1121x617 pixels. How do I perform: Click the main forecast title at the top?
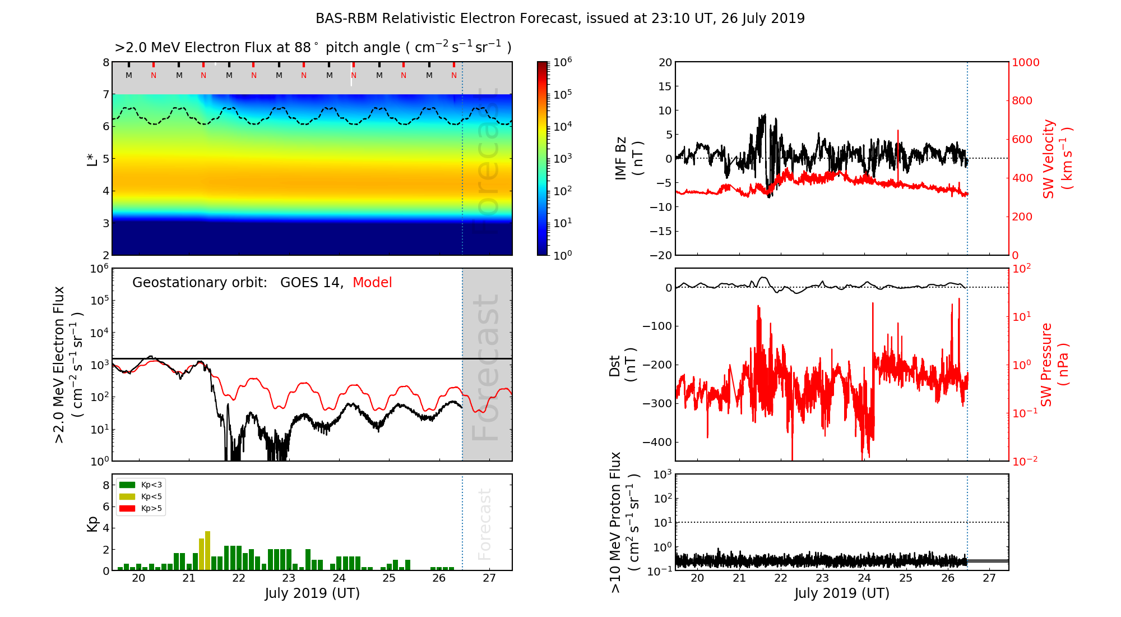pyautogui.click(x=560, y=19)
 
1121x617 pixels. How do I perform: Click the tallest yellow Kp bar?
pyautogui.click(x=207, y=550)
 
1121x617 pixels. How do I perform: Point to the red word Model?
pyautogui.click(x=372, y=283)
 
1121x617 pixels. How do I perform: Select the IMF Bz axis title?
pyautogui.click(x=628, y=158)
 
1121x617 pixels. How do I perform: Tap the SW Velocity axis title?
pyautogui.click(x=1057, y=159)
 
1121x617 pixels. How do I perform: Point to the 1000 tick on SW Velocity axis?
pyautogui.click(x=1025, y=62)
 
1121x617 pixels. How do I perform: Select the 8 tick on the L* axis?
pyautogui.click(x=106, y=62)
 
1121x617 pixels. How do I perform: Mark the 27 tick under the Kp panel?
pyautogui.click(x=489, y=578)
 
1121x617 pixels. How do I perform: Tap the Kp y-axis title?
pyautogui.click(x=92, y=524)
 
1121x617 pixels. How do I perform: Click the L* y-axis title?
pyautogui.click(x=92, y=159)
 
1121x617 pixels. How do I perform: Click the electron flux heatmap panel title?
pyautogui.click(x=313, y=47)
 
